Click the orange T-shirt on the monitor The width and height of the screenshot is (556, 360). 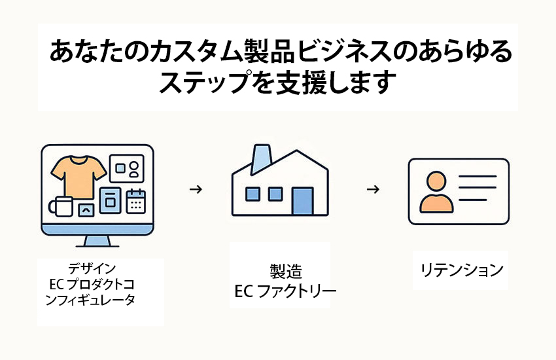pos(78,177)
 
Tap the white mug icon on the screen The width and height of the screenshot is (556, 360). pos(61,206)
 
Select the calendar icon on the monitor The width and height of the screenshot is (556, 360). pos(136,201)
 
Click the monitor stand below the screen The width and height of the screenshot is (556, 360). pos(97,241)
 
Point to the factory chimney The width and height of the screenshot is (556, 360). pos(262,160)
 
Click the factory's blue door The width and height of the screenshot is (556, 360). pos(302,201)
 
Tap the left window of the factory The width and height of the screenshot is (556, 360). pos(252,194)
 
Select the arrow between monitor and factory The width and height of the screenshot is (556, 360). pos(196,189)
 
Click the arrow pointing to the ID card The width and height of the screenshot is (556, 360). pos(373,189)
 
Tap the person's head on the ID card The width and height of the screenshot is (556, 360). pos(436,181)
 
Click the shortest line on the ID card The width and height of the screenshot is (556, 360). pos(473,200)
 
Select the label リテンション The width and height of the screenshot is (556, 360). pos(461,270)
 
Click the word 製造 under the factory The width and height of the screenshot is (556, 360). pos(286,272)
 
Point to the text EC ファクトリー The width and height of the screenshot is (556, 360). pos(285,291)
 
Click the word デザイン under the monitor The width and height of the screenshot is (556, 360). pos(92,268)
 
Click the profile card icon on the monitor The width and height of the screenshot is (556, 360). pos(127,168)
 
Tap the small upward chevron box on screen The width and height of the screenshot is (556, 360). pos(86,210)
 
